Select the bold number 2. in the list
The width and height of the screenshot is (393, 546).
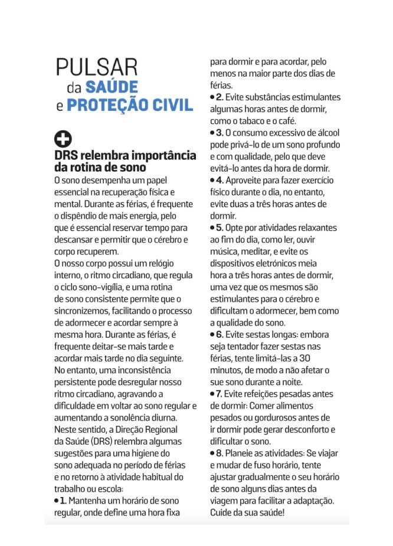click(x=220, y=97)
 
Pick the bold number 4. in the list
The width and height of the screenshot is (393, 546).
click(x=220, y=180)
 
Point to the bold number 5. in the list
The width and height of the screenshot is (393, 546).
click(x=220, y=227)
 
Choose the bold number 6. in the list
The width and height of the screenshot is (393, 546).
click(x=220, y=334)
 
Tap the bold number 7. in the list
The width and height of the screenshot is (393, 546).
click(x=220, y=393)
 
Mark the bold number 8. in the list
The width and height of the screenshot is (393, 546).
click(x=220, y=453)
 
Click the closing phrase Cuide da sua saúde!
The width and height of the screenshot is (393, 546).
click(x=247, y=512)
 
